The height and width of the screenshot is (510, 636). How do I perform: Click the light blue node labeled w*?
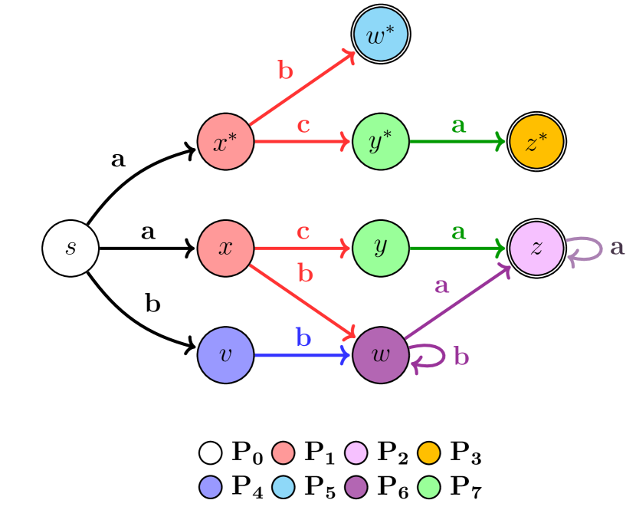click(381, 35)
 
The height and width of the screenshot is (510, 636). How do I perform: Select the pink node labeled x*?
click(226, 142)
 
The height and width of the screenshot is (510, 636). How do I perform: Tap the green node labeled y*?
click(381, 142)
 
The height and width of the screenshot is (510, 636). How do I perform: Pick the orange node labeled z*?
click(536, 142)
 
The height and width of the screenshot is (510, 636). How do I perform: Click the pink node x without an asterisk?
click(226, 248)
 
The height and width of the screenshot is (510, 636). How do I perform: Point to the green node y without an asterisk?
click(381, 248)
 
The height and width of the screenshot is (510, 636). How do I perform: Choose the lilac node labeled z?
click(536, 248)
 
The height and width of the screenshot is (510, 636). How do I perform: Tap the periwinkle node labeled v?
click(226, 355)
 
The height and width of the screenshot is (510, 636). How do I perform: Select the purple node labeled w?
click(381, 355)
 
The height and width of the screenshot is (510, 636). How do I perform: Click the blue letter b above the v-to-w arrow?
click(303, 337)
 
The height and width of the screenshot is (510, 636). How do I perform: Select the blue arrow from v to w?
click(303, 355)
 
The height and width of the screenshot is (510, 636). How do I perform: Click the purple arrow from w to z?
click(457, 302)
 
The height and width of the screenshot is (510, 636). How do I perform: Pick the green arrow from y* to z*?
click(457, 142)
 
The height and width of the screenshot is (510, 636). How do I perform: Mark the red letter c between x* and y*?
click(303, 125)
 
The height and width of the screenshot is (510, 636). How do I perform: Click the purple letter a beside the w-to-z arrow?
click(441, 286)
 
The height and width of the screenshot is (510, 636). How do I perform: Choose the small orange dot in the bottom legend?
click(429, 453)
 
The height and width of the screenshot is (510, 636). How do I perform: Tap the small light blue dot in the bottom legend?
click(284, 487)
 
